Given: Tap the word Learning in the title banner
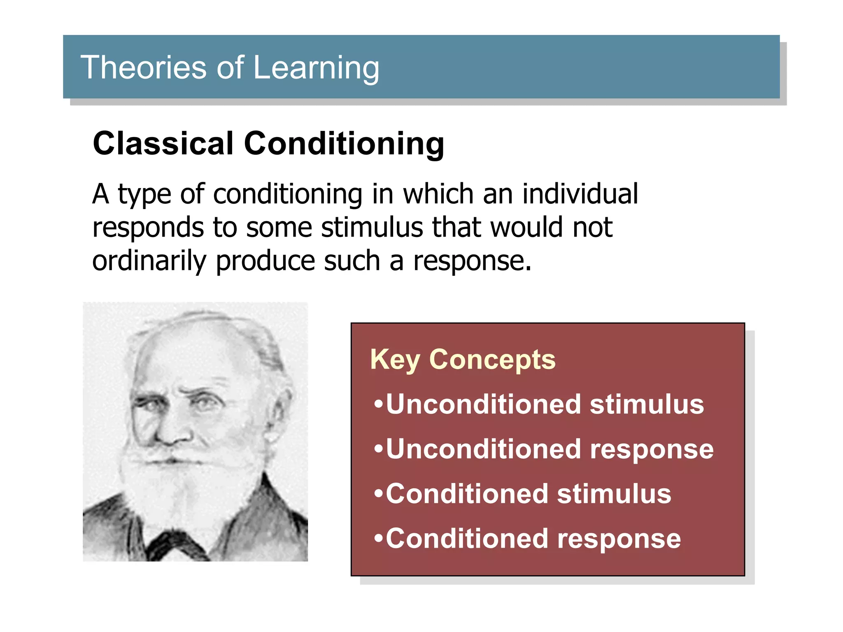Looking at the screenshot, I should (x=316, y=68).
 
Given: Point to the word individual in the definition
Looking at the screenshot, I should (x=580, y=194).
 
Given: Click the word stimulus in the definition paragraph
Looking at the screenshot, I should (x=372, y=228).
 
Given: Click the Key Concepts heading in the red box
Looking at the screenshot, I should (x=463, y=360).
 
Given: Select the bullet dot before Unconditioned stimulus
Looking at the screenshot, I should (x=378, y=404).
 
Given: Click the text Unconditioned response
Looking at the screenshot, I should (x=549, y=449).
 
